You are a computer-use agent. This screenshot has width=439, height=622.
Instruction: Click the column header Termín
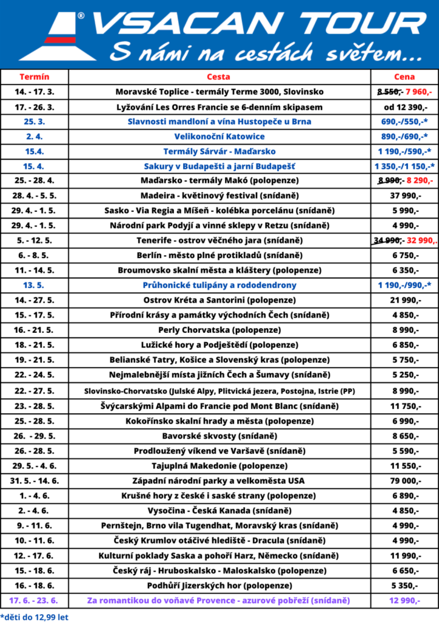35,77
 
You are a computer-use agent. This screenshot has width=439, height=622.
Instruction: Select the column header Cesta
219,77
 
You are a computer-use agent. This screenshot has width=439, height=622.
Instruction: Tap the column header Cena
404,77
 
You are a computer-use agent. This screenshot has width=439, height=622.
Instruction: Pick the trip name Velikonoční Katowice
219,137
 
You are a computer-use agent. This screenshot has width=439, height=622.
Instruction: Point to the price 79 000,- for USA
404,481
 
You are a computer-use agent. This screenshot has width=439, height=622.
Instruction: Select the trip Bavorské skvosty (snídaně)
219,436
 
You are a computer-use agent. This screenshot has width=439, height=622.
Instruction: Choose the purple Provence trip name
219,601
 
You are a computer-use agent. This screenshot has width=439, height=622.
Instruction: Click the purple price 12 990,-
404,601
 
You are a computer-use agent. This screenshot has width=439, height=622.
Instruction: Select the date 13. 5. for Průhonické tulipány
35,286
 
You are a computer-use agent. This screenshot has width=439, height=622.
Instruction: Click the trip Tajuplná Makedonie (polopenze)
219,466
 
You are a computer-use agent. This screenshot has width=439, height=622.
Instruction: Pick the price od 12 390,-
404,107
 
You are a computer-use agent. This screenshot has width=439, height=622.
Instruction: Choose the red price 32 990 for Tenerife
421,241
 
